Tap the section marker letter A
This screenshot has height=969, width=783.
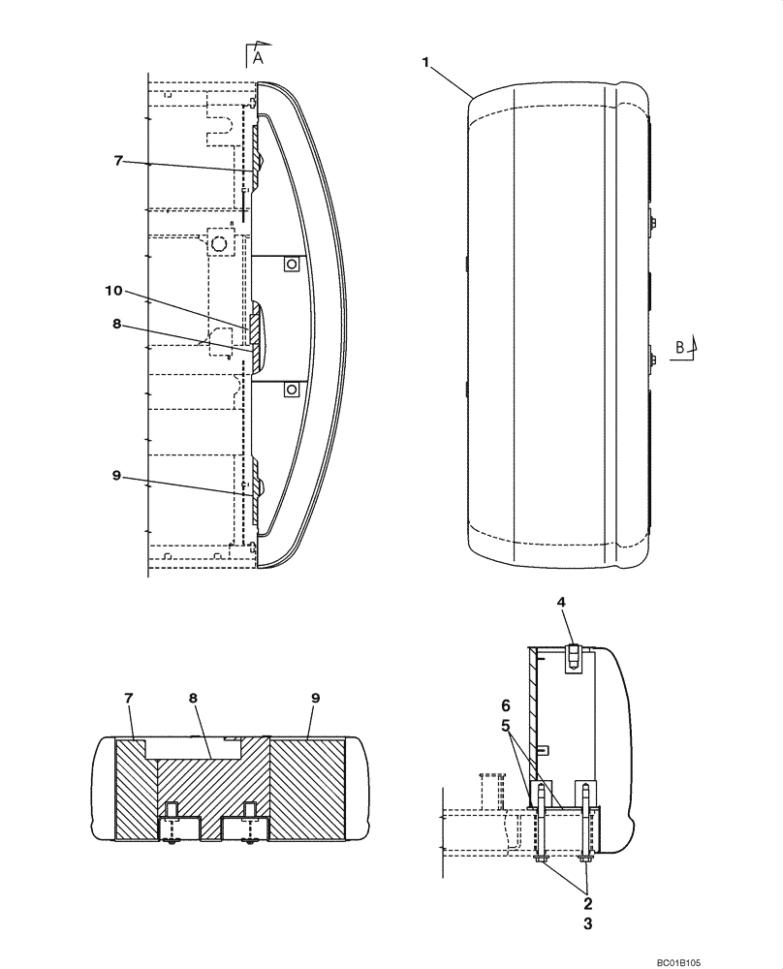(x=258, y=57)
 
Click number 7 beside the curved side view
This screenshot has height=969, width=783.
(x=118, y=161)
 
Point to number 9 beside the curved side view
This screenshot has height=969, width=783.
(x=116, y=476)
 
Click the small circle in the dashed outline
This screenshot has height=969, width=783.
(x=220, y=243)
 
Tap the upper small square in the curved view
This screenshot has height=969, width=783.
(x=289, y=264)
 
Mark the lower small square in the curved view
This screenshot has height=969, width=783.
(x=289, y=389)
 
